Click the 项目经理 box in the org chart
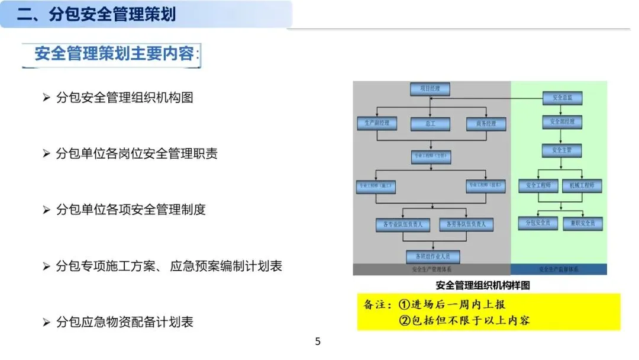click(430, 89)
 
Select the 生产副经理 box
click(377, 124)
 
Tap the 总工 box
click(430, 124)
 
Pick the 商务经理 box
click(486, 124)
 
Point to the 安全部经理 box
click(562, 122)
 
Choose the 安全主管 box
click(562, 150)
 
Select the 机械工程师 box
click(582, 185)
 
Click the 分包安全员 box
click(538, 223)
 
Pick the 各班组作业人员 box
click(433, 256)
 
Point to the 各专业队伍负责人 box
click(403, 224)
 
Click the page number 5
click(318, 342)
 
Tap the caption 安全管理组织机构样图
click(483, 285)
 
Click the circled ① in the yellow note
click(405, 305)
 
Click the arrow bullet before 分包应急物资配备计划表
click(47, 323)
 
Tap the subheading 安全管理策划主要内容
click(114, 54)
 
